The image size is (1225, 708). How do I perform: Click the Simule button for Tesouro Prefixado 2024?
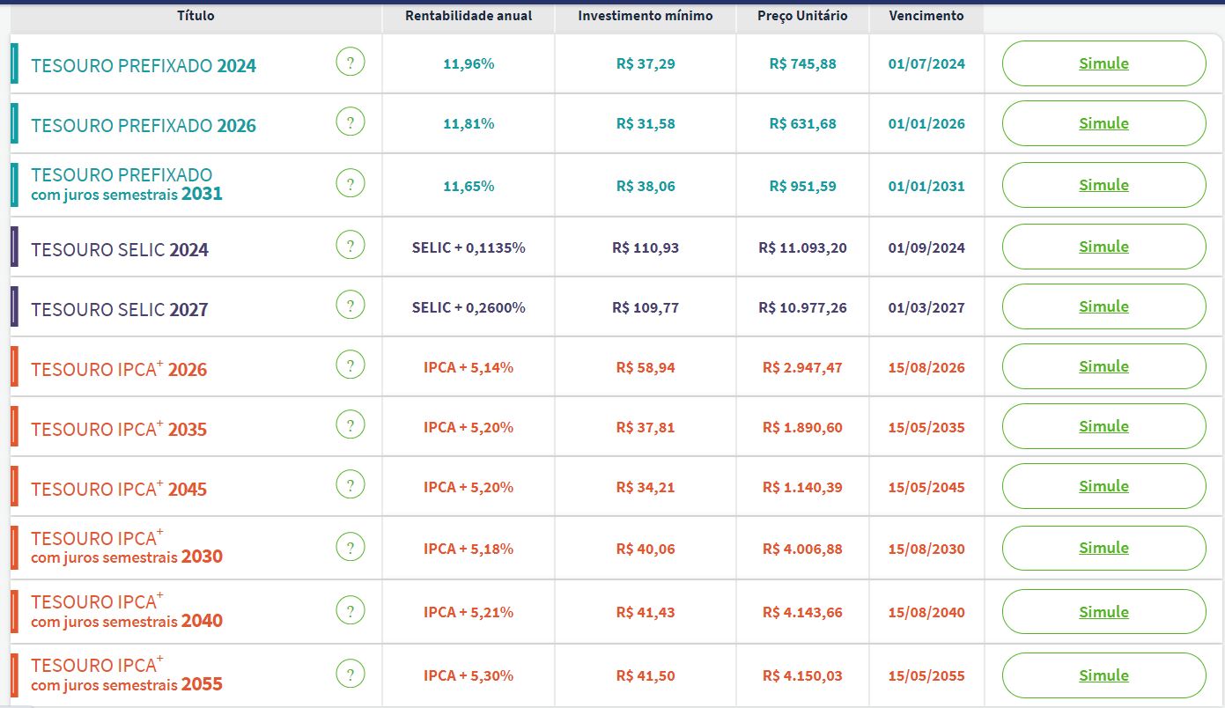coord(1103,63)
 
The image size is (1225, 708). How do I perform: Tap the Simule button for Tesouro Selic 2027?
coord(1103,306)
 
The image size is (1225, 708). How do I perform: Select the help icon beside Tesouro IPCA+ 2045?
coord(351,485)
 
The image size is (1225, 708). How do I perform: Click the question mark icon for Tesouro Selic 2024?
coord(351,246)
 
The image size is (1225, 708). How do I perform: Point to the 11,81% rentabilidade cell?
coord(469,124)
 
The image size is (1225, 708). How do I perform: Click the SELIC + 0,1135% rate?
coord(469,248)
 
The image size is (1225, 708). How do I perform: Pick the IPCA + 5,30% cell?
coord(469,676)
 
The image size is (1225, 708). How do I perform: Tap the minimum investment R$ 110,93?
coord(646,248)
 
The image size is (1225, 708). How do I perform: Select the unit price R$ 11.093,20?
coord(802,248)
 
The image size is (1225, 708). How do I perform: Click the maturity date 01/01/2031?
coord(926,187)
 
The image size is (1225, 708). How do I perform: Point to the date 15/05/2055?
coord(926,676)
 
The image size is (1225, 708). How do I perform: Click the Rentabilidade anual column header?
coord(469,16)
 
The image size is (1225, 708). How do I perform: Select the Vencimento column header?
coord(926,16)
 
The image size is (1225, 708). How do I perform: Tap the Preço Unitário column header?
coord(802,16)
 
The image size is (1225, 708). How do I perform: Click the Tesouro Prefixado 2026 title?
coord(144,126)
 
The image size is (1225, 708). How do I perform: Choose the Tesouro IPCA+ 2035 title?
coord(119,429)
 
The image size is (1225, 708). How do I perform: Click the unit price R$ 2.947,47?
coord(802,368)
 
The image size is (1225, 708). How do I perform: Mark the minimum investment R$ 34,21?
coord(646,488)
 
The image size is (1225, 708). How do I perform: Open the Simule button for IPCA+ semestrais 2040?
coord(1103,612)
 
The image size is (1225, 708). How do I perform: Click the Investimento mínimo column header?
coord(646,16)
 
